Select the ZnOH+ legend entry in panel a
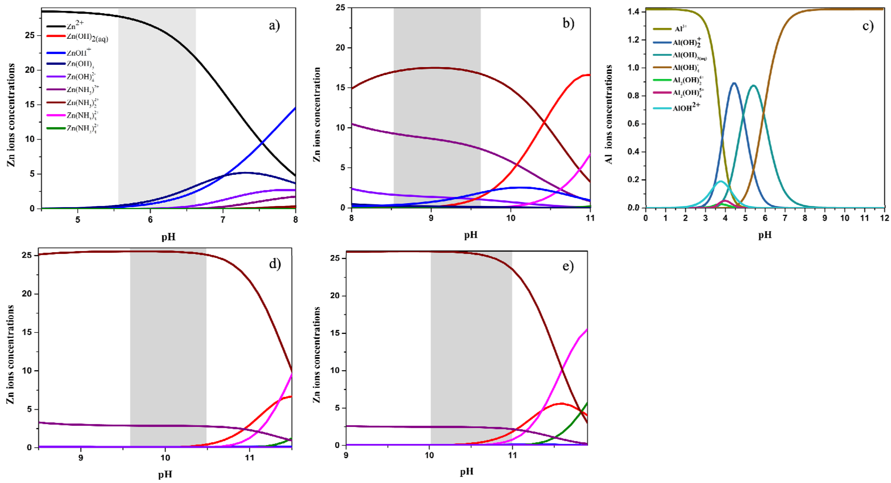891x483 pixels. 79,53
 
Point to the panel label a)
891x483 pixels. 274,25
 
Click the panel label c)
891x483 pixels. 867,26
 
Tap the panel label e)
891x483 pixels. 568,266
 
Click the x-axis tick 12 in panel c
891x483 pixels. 884,218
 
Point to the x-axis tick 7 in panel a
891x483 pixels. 223,220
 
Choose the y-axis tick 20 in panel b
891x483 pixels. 341,47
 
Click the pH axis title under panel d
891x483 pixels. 165,474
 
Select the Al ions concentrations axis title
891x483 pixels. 609,114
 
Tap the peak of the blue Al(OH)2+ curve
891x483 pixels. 734,83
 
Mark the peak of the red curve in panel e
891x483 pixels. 561,403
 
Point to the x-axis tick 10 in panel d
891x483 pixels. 165,458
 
